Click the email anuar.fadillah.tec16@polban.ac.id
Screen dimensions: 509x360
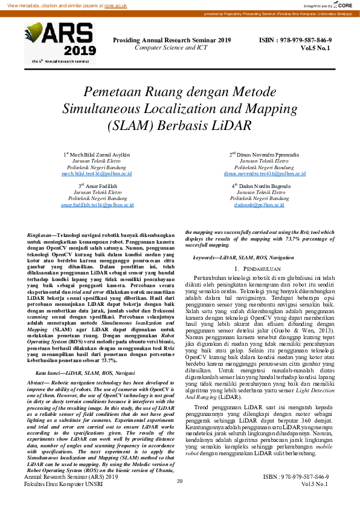pos(97,205)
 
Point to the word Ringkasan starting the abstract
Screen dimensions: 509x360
pos(40,233)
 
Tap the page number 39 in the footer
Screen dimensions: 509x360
pos(179,481)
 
